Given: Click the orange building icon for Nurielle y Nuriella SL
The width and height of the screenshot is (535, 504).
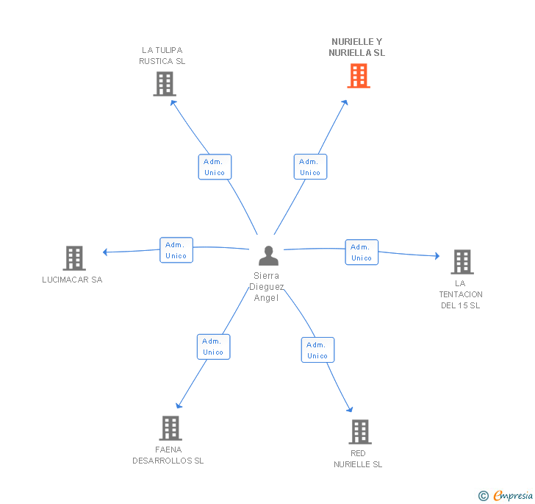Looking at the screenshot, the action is point(359,76).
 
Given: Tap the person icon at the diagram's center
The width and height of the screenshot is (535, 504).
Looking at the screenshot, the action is point(268,255).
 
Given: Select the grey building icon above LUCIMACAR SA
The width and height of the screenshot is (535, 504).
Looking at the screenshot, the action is point(74,258).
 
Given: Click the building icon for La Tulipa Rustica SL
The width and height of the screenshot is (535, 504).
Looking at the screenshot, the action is point(165,84).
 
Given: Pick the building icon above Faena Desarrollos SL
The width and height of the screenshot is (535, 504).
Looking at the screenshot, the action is point(170,428).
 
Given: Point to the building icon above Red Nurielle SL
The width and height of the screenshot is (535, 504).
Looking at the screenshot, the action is point(360,432).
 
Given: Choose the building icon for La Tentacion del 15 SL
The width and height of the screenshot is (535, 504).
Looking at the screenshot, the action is point(462,262).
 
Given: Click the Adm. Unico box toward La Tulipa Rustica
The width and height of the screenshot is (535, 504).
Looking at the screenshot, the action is point(215,167).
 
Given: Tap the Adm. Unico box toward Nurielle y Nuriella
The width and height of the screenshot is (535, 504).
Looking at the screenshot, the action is point(310,167).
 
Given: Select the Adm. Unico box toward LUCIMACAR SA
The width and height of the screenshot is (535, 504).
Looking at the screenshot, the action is point(176,250).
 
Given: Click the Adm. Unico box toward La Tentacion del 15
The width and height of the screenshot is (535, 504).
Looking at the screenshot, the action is point(362,252).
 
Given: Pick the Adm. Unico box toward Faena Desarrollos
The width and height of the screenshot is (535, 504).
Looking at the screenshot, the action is point(214,347).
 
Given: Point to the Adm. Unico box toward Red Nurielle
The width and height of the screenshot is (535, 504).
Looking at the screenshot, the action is point(317,350).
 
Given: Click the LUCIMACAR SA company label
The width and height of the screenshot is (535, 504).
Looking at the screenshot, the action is point(72,280).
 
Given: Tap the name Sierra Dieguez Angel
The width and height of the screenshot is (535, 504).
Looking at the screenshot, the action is point(267,287).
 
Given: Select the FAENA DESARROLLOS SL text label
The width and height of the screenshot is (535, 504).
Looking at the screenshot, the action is point(168,455).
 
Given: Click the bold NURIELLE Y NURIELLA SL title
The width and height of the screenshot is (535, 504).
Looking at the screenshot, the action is point(357,47).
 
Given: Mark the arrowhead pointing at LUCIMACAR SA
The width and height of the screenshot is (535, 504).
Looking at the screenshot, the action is point(105,252).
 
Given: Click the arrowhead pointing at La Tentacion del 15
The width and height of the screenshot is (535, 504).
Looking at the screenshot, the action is point(437,255).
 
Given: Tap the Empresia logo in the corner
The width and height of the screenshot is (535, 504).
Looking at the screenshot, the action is point(506,495).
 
